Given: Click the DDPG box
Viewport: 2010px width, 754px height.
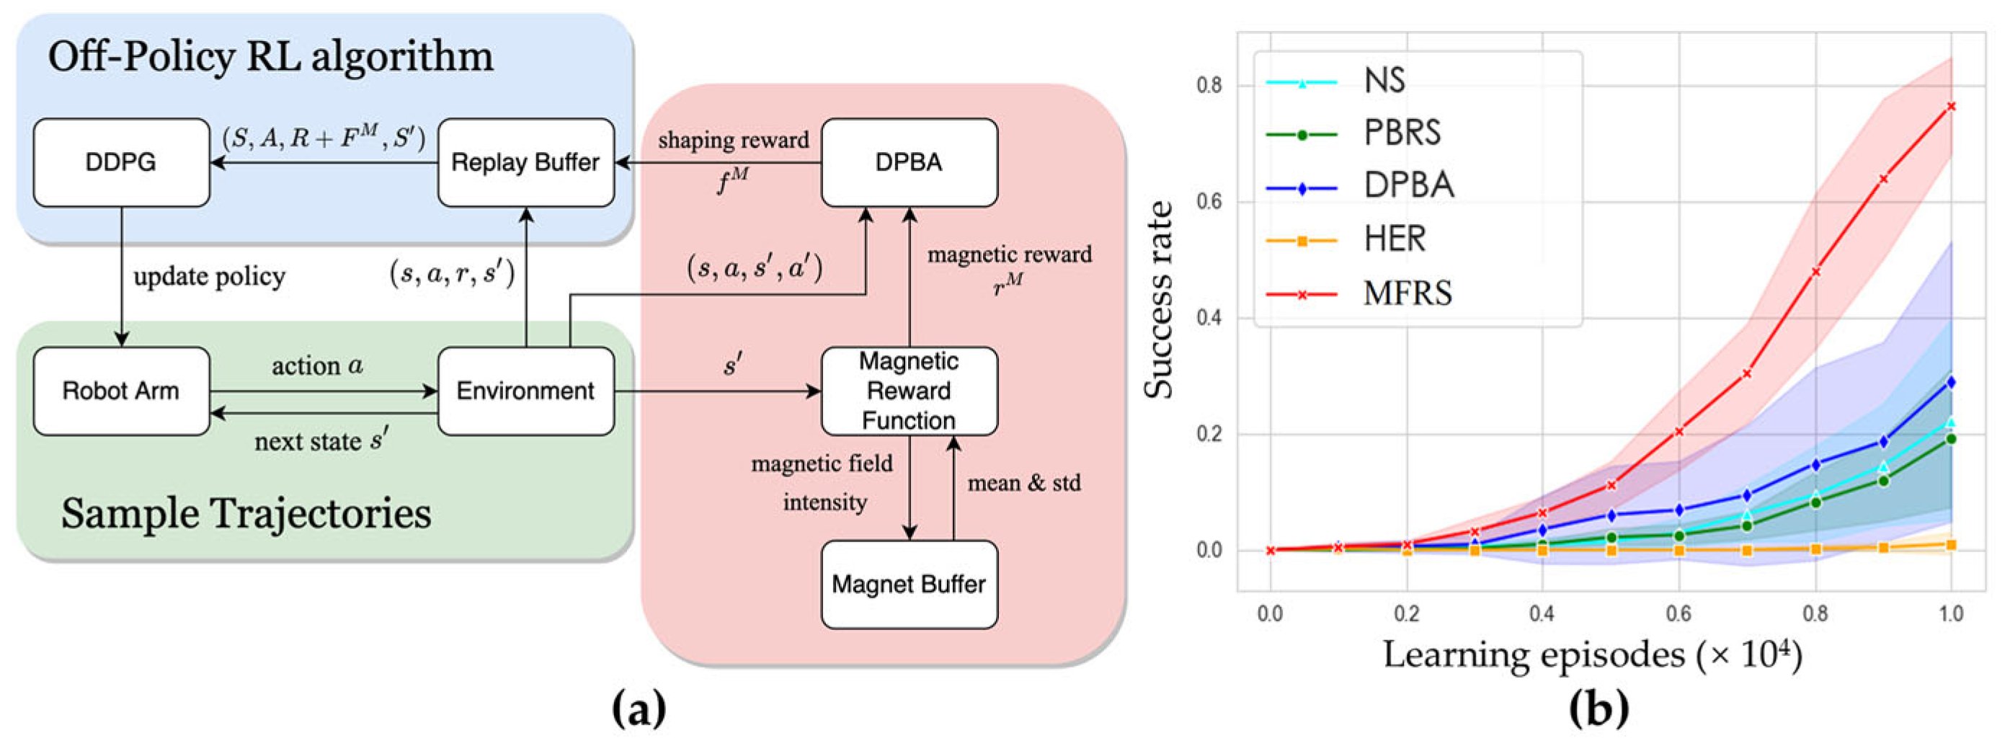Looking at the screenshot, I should (121, 162).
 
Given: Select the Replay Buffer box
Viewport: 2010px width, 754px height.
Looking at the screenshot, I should (525, 162).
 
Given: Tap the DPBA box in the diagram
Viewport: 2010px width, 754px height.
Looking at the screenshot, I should (909, 162).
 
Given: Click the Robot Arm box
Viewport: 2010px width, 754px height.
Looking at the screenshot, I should (121, 390).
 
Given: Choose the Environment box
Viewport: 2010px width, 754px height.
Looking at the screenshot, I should (525, 390).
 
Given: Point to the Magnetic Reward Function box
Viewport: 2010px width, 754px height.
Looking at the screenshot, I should (909, 390).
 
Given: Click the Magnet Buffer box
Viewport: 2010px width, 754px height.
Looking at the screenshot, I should (909, 584).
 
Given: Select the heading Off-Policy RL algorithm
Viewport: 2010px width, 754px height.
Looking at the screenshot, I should (270, 57).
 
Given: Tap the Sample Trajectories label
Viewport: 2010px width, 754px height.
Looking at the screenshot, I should (246, 513).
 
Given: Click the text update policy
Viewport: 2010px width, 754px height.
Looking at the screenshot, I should (209, 276).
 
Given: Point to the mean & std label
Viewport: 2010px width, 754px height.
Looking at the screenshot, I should (1023, 483).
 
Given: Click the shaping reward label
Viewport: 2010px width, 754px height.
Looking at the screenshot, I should (733, 141).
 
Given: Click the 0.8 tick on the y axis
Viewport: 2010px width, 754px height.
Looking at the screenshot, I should (1209, 85).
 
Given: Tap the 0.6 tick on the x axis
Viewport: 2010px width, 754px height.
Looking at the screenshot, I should (1678, 613).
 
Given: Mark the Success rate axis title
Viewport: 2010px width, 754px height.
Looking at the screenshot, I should (1159, 300).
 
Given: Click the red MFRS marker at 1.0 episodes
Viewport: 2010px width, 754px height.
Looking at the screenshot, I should (1952, 106).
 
